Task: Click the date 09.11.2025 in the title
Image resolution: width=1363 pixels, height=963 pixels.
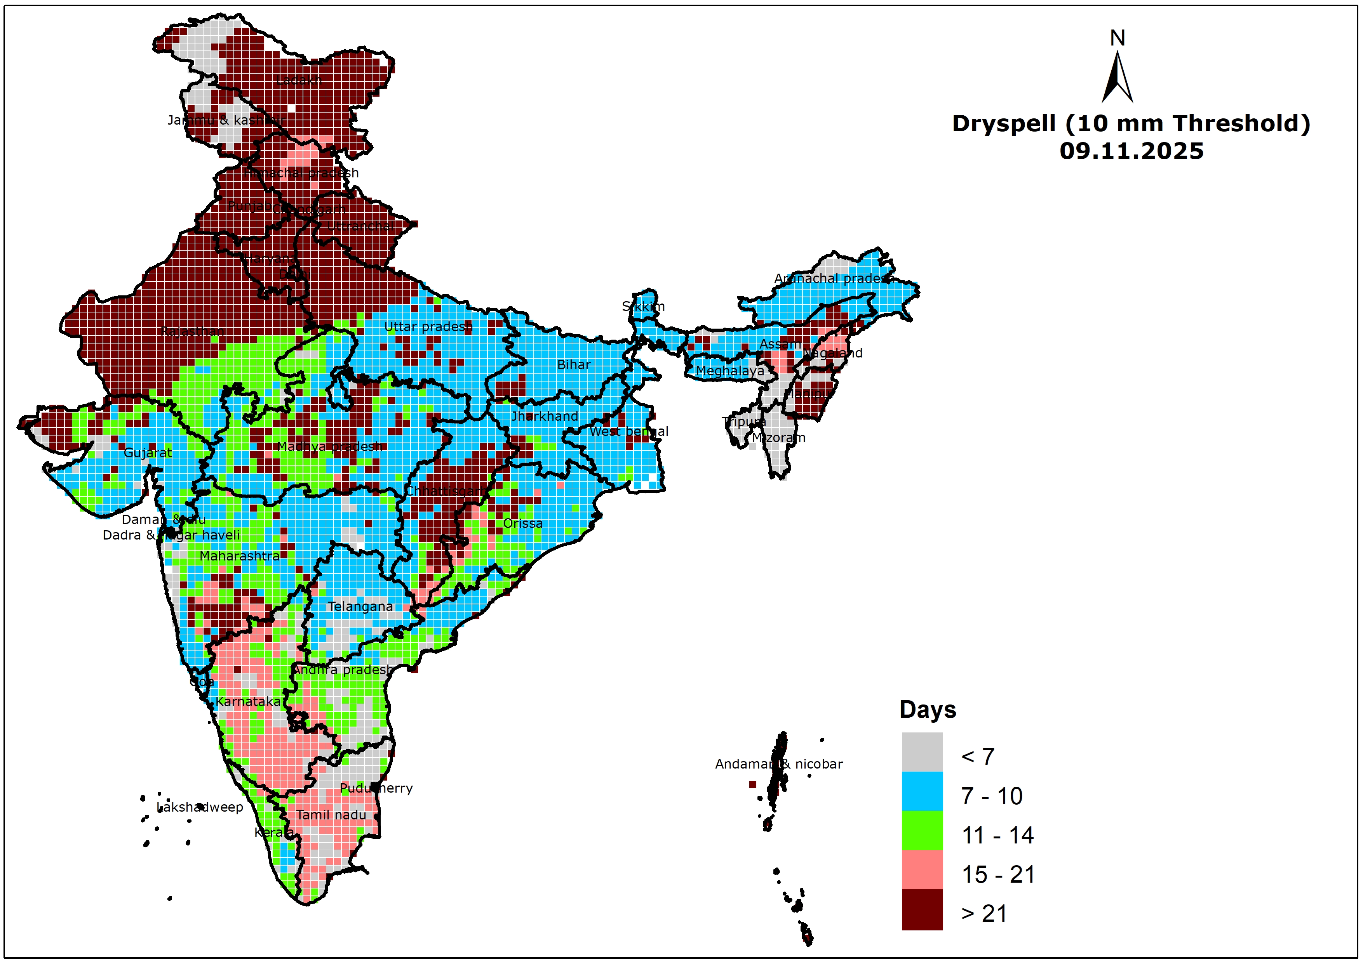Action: (x=1131, y=151)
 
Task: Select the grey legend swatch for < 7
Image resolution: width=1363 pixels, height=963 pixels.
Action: (x=922, y=752)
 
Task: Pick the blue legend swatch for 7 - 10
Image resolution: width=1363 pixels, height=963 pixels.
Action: (x=922, y=791)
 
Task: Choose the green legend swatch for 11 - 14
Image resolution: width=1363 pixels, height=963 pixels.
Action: (x=922, y=830)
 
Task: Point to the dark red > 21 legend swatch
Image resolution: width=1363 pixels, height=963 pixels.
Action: (x=922, y=909)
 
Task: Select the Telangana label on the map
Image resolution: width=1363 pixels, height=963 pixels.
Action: (x=360, y=606)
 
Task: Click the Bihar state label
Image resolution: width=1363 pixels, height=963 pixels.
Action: (x=573, y=365)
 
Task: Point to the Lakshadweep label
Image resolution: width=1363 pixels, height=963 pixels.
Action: (x=200, y=807)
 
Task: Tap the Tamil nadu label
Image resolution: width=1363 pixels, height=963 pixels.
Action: (x=331, y=815)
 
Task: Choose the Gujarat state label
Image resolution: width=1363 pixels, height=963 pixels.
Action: (x=148, y=453)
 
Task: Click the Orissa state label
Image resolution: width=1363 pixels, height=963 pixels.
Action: (x=522, y=523)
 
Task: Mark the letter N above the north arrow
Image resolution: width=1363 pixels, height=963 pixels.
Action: (x=1117, y=38)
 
